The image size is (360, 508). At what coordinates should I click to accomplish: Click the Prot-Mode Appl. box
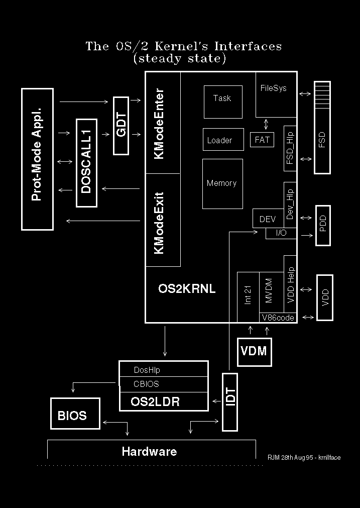pyautogui.click(x=37, y=159)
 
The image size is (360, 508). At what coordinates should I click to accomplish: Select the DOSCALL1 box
pyautogui.click(x=86, y=163)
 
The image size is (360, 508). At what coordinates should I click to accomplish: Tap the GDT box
pyautogui.click(x=122, y=125)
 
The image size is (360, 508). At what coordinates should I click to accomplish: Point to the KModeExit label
pyautogui.click(x=160, y=223)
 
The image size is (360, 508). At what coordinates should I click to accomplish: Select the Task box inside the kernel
pyautogui.click(x=222, y=101)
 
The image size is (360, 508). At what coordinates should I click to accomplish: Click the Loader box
pyautogui.click(x=219, y=140)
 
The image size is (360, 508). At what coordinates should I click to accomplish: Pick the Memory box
pyautogui.click(x=222, y=183)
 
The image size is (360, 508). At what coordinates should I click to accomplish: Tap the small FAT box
pyautogui.click(x=262, y=140)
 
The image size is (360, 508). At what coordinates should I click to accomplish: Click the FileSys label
pyautogui.click(x=273, y=88)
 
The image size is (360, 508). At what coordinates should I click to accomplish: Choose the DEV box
pyautogui.click(x=267, y=219)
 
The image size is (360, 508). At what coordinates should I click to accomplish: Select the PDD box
pyautogui.click(x=322, y=226)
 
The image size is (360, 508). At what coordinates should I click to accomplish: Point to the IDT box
pyautogui.click(x=229, y=401)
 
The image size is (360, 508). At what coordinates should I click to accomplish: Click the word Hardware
pyautogui.click(x=149, y=451)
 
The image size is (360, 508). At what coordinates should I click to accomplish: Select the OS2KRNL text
pyautogui.click(x=187, y=288)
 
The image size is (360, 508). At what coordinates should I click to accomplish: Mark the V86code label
pyautogui.click(x=278, y=318)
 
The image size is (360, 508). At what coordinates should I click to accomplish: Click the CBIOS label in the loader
pyautogui.click(x=146, y=384)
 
